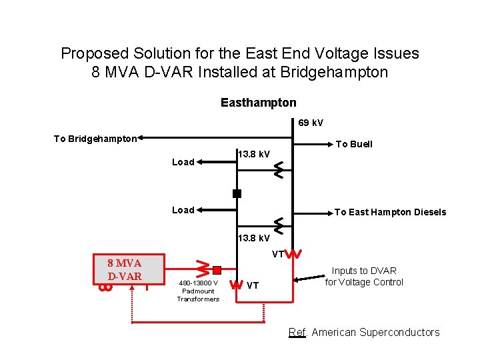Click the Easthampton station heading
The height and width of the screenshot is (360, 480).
tap(258, 103)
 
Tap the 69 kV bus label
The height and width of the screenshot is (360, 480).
tap(310, 123)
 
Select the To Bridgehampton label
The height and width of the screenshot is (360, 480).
tap(95, 139)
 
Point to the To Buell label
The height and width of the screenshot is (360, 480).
tap(354, 144)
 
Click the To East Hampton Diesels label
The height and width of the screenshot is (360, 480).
tap(390, 212)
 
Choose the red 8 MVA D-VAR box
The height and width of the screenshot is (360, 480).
tap(125, 271)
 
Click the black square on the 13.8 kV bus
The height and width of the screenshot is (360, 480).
tap(237, 194)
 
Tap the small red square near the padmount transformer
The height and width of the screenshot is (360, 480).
tap(217, 270)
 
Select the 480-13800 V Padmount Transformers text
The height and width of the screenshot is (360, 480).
tap(198, 291)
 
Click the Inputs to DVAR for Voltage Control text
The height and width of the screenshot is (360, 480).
tap(364, 276)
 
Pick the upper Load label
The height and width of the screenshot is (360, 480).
tap(183, 162)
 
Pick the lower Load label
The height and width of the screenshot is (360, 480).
tap(183, 210)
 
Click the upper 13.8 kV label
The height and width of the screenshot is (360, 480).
tap(254, 155)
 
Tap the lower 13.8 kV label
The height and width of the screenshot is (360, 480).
tap(254, 238)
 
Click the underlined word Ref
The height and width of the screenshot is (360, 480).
tap(297, 332)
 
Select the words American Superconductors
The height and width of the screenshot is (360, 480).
tap(375, 332)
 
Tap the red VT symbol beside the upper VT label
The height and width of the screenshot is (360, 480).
tap(295, 254)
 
